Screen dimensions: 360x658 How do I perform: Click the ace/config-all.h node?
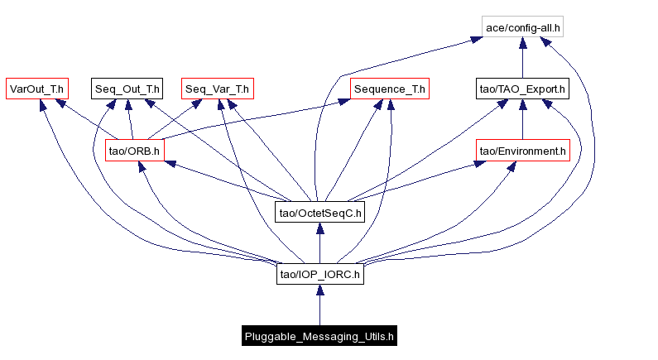523,27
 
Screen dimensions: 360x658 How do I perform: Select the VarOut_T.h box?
36,89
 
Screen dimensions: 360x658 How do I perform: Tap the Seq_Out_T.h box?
127,89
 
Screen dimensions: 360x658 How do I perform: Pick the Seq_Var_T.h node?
217,89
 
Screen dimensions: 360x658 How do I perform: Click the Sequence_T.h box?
389,89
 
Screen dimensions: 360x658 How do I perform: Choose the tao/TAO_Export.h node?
522,89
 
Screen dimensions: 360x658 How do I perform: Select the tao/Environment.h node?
522,151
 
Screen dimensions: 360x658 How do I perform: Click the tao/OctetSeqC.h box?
320,213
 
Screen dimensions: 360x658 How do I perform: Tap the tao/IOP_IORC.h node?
320,275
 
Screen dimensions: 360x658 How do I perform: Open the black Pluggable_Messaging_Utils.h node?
319,336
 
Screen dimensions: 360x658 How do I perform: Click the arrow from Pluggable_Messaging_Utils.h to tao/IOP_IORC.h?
319,306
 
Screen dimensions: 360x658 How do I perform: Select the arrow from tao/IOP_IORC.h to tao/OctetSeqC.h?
320,244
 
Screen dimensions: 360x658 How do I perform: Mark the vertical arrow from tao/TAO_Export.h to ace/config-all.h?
522,58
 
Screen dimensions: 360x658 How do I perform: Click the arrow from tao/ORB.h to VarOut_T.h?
87,120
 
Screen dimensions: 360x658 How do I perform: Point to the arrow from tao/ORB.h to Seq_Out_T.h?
131,120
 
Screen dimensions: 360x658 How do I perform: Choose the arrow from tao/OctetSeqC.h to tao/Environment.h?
422,181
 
